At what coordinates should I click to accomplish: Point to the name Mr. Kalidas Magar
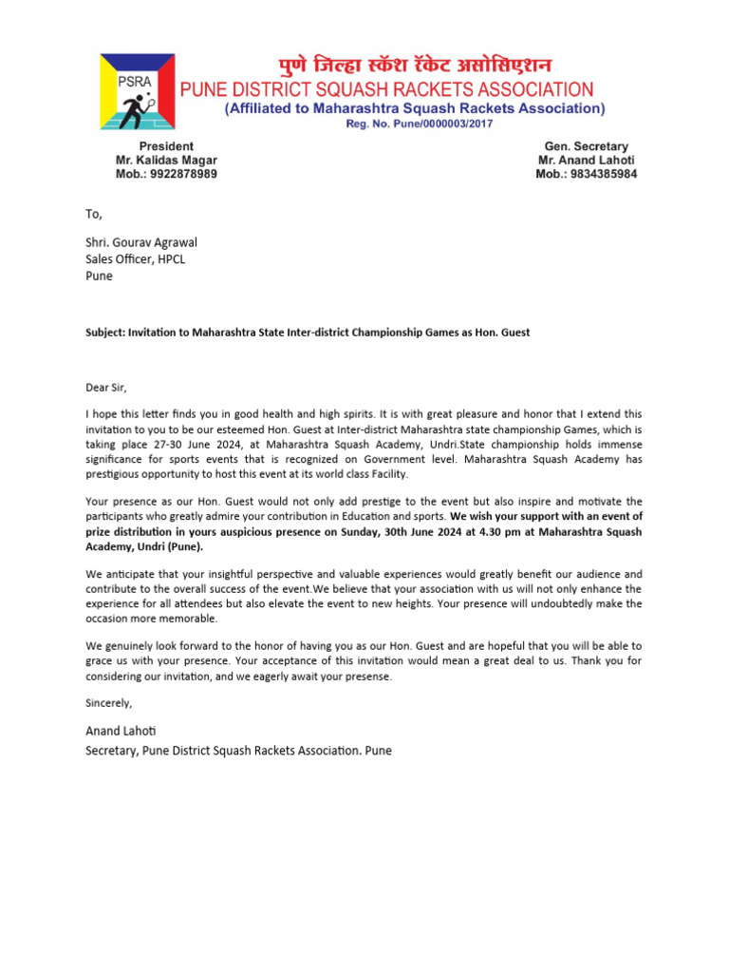point(166,161)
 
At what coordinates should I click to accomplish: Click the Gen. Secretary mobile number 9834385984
point(587,175)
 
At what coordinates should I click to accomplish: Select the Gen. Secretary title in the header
point(586,146)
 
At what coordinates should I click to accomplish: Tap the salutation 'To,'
point(93,215)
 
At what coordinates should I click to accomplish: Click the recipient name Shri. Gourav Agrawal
point(141,242)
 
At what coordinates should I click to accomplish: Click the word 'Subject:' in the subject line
point(107,333)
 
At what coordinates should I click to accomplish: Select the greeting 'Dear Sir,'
point(105,387)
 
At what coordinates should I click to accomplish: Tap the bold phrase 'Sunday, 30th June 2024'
point(391,532)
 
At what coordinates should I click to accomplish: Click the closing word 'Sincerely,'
point(109,703)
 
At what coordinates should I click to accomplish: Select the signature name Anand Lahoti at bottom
point(121,731)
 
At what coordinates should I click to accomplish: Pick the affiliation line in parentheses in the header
point(414,109)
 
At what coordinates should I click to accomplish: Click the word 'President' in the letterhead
point(166,146)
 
